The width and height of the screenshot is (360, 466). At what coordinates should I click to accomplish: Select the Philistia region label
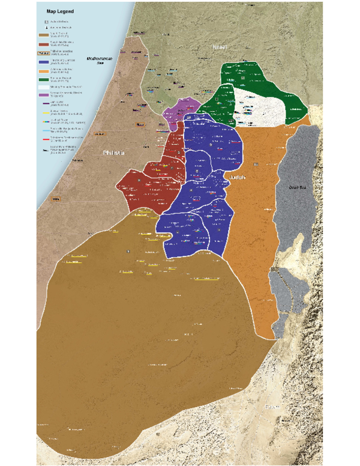114,153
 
